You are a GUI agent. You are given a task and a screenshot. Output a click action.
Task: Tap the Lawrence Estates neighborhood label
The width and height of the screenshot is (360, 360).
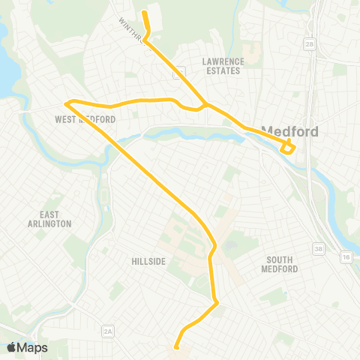[223, 66]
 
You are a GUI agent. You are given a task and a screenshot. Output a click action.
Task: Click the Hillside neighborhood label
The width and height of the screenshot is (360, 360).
[147, 260]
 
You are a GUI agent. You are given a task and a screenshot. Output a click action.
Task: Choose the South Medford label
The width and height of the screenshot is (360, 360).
[281, 264]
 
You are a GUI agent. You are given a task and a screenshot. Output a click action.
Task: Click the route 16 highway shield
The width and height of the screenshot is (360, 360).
[346, 256]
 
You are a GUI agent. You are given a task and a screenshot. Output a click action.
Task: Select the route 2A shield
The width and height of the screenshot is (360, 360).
[108, 331]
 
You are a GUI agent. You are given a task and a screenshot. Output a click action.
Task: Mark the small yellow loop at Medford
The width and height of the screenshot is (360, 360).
[288, 147]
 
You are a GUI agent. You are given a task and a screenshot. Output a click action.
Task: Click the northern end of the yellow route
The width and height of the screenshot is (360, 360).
[144, 11]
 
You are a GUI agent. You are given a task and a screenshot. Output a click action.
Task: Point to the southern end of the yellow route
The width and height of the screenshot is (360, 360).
[176, 346]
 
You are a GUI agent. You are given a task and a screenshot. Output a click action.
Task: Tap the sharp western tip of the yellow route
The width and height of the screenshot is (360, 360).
[67, 103]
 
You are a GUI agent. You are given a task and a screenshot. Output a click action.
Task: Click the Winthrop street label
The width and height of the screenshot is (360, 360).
[131, 31]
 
